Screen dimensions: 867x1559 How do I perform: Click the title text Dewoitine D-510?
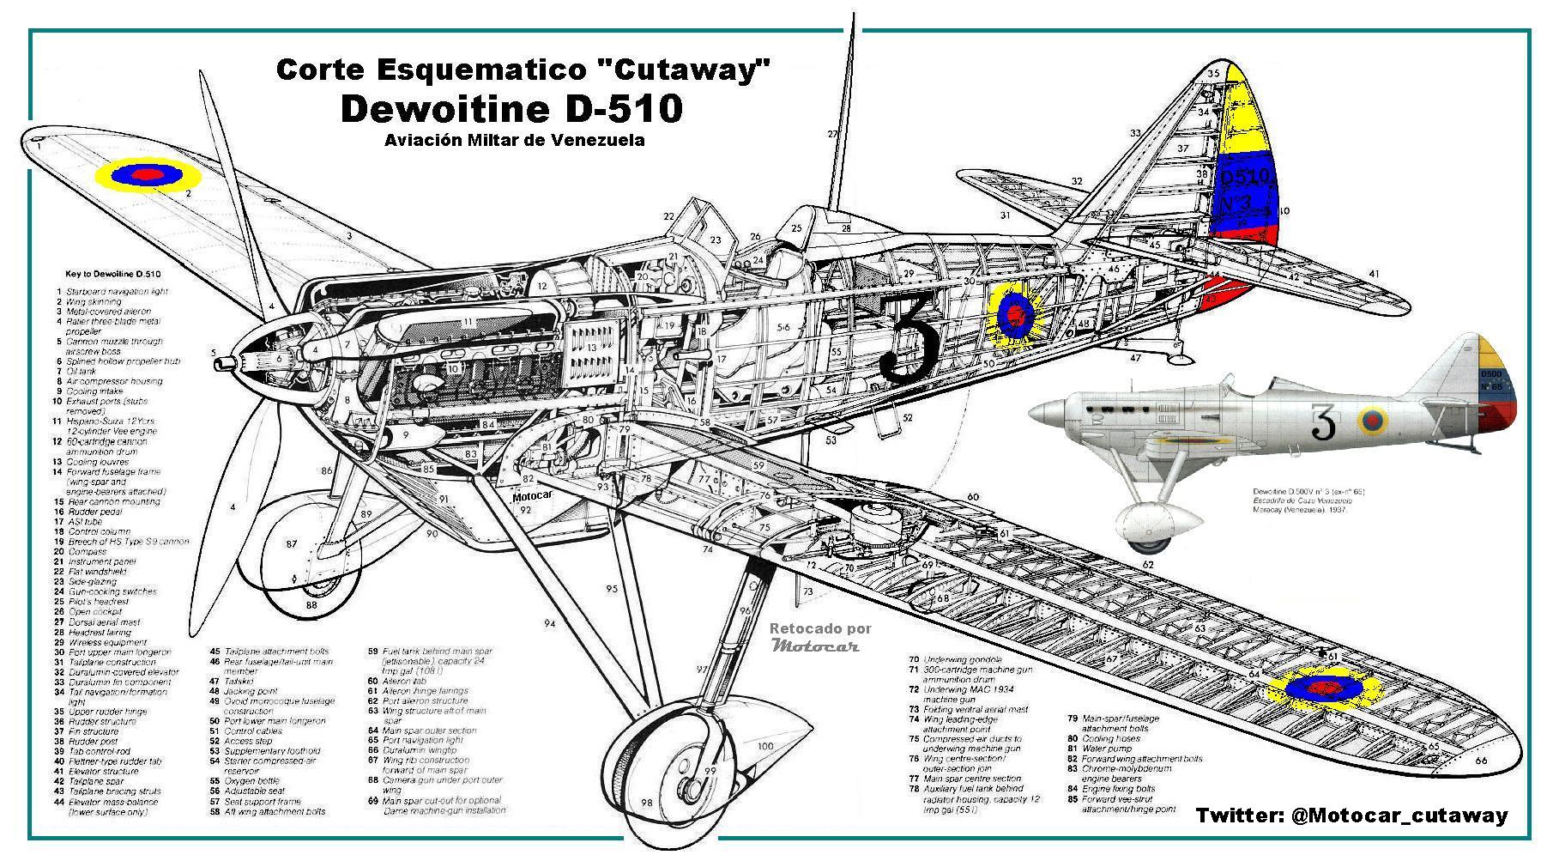(511, 109)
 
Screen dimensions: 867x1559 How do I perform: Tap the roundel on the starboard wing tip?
(148, 174)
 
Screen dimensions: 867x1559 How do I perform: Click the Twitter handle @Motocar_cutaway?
(1351, 815)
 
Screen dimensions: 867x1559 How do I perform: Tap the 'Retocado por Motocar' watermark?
(820, 638)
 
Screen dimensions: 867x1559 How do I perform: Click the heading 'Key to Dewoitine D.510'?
(113, 275)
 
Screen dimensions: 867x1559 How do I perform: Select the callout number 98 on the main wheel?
(646, 803)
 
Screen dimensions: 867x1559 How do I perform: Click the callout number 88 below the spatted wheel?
(311, 604)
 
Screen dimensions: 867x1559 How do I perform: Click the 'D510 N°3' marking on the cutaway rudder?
(1243, 189)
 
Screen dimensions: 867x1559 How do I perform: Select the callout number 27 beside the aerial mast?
(831, 134)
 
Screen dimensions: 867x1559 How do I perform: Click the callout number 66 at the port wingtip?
(1480, 761)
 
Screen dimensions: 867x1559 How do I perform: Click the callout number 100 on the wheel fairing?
(764, 746)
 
